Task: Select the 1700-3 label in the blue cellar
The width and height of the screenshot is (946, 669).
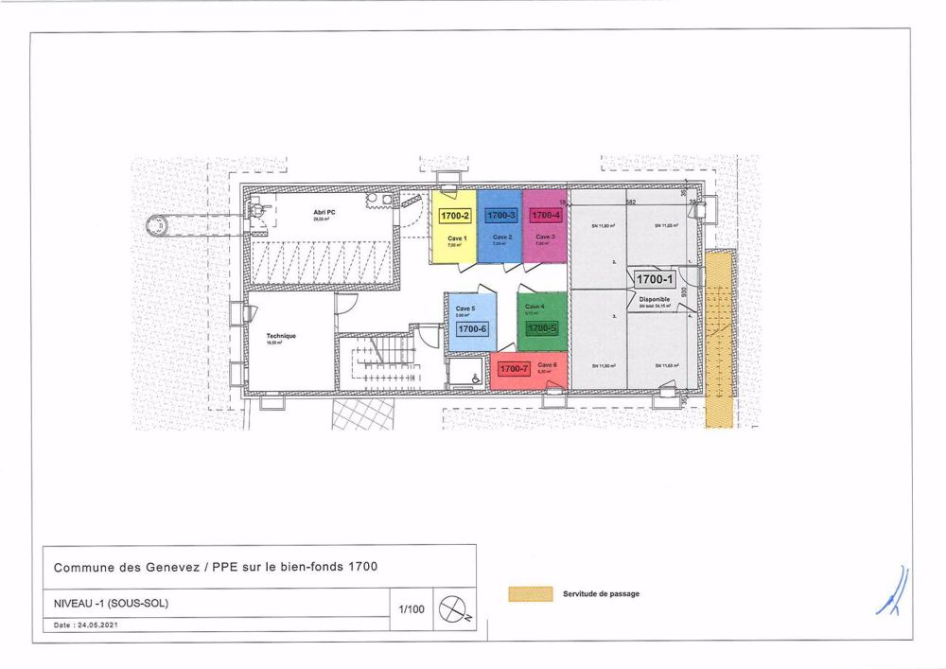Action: click(500, 216)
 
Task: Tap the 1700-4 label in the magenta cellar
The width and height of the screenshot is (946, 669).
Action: click(546, 216)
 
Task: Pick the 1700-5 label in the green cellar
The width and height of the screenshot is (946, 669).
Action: click(542, 328)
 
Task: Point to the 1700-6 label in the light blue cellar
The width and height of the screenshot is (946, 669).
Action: click(471, 328)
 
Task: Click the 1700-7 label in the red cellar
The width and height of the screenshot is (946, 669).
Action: click(513, 368)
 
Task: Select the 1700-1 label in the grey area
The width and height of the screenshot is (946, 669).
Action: click(654, 280)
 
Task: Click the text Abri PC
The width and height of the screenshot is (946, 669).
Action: click(325, 212)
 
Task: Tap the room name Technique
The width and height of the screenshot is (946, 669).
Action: click(281, 336)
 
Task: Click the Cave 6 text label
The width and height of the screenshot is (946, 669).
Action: click(547, 364)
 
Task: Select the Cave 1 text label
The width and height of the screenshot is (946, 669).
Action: click(455, 237)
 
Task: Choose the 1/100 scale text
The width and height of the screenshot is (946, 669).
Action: click(412, 609)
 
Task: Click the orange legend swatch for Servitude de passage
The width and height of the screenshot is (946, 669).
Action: click(530, 594)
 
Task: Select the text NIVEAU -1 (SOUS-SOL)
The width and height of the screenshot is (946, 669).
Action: click(112, 603)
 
